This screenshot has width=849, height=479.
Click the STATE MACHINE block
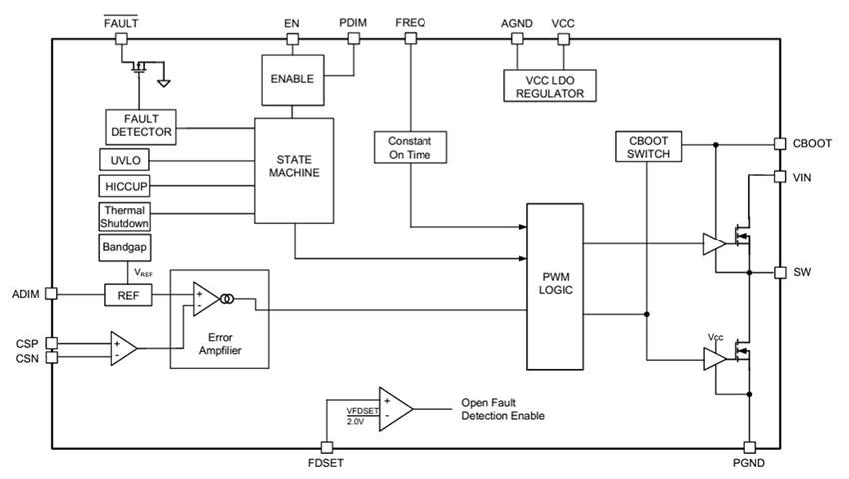(294, 171)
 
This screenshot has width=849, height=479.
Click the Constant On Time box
(410, 147)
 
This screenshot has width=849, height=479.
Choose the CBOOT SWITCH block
(649, 147)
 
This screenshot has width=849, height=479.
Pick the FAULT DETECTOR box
(140, 126)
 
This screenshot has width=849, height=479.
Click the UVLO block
(124, 159)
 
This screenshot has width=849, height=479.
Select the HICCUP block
(124, 186)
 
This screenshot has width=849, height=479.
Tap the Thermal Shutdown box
(124, 216)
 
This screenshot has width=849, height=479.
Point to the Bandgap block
(124, 246)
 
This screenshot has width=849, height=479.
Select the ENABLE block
(293, 79)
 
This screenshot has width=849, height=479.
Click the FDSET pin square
(325, 448)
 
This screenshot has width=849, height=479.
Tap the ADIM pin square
(52, 294)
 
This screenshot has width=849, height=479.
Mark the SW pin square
(780, 272)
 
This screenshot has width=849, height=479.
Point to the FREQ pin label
(411, 22)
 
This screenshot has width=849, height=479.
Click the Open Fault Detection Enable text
(503, 409)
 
